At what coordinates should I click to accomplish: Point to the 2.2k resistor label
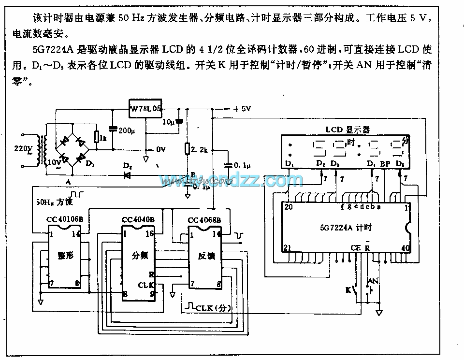(x=199, y=150)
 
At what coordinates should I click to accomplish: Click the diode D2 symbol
(x=128, y=175)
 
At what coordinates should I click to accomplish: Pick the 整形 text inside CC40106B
(x=66, y=255)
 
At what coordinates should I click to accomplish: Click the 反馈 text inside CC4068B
(x=206, y=256)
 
